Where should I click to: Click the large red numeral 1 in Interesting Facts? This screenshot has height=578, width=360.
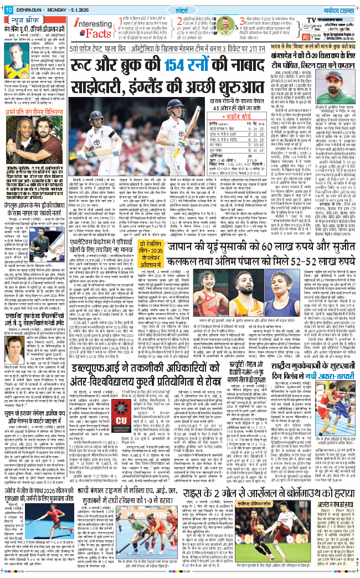(x=119, y=23)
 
